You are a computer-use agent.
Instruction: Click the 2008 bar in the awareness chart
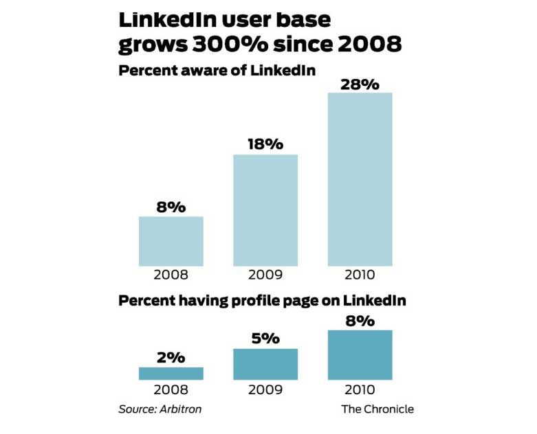click(171, 241)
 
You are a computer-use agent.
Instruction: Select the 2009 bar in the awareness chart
click(265, 210)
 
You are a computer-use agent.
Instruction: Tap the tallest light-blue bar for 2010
click(360, 179)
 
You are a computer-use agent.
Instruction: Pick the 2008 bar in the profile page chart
click(171, 374)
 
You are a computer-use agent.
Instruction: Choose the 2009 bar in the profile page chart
click(265, 365)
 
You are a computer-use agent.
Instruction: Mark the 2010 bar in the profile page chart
click(360, 355)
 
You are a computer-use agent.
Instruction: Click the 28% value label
click(360, 84)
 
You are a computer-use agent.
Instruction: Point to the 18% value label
click(265, 144)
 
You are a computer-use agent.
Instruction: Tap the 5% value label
click(265, 339)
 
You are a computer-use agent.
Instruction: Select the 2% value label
click(171, 357)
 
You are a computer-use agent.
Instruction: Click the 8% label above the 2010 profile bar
click(360, 321)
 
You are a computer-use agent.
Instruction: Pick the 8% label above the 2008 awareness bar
click(171, 207)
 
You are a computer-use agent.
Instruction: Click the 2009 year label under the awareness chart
click(265, 276)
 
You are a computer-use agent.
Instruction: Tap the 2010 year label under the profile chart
click(360, 390)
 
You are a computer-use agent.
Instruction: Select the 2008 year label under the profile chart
click(171, 390)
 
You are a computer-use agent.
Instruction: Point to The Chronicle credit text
click(377, 409)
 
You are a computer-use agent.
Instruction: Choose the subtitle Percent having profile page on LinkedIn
click(262, 300)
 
